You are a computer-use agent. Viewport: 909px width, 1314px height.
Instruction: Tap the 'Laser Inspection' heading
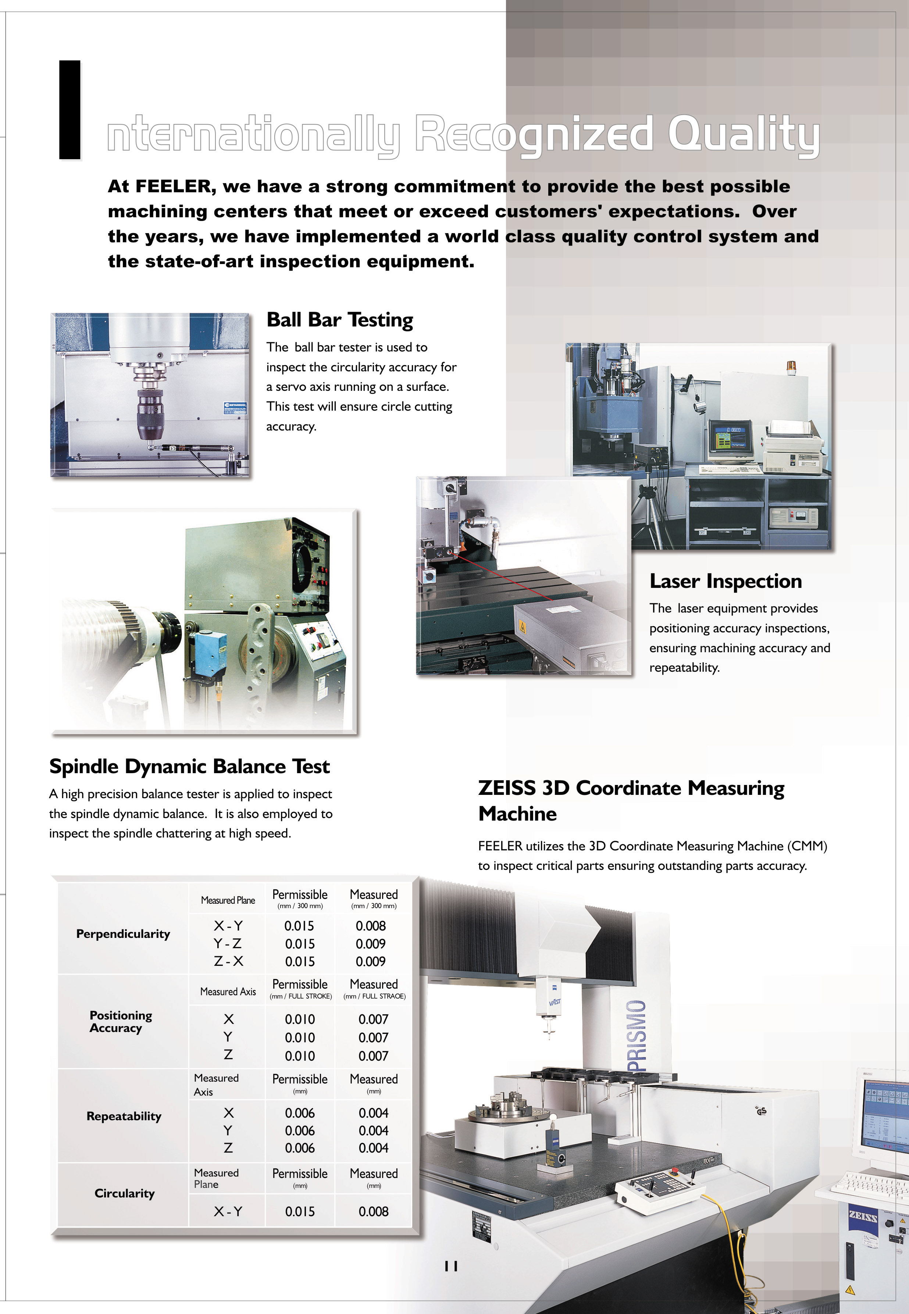[725, 581]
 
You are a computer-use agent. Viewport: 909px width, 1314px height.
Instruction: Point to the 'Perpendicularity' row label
[123, 934]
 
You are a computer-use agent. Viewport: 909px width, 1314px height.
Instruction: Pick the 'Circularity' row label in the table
[124, 1193]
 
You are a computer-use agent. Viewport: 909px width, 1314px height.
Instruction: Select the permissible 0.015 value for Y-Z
[300, 944]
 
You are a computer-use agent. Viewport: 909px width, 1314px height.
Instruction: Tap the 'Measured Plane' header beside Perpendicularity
[228, 900]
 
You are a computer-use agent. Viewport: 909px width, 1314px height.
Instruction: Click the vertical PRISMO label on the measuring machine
[637, 1036]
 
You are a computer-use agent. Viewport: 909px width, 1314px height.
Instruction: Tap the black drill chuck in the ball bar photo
[150, 411]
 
